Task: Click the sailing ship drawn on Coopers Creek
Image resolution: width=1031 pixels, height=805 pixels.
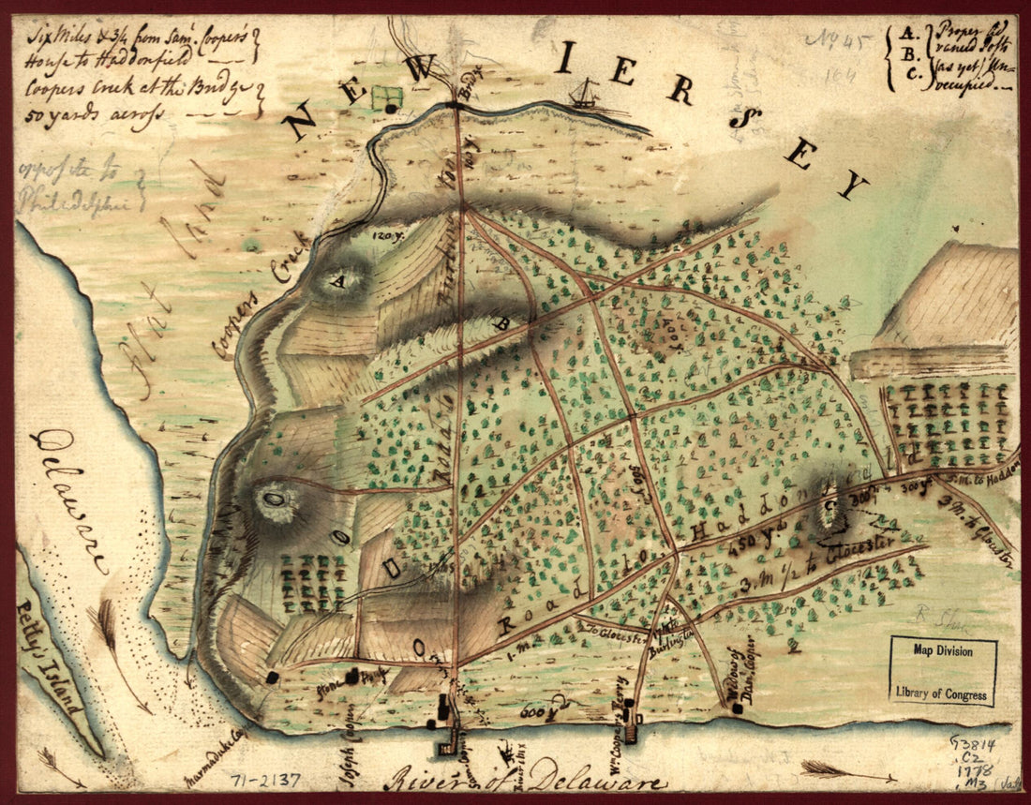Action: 585,93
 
